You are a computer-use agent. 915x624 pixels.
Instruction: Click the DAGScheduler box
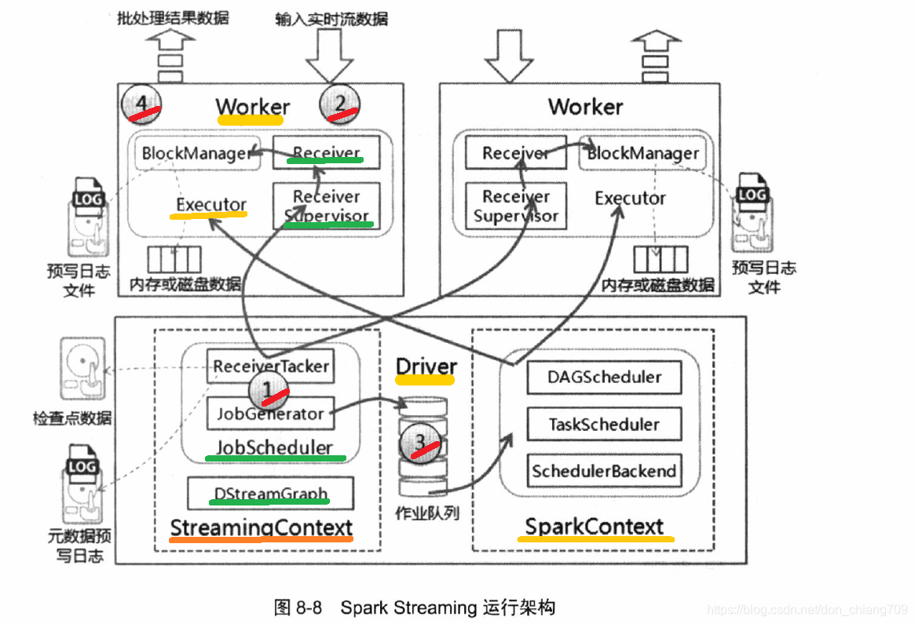pos(604,377)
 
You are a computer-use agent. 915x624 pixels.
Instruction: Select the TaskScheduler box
pos(604,425)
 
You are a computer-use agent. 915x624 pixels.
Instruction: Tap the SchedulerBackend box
pos(604,471)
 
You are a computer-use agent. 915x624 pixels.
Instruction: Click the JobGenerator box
pos(270,414)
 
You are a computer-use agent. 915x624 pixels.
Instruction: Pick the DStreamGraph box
pos(271,494)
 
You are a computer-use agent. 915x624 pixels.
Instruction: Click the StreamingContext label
pos(262,527)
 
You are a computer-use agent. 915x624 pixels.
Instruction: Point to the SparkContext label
pos(595,526)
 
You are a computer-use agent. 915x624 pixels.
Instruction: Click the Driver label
pos(426,367)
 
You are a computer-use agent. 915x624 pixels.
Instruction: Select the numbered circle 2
pos(340,105)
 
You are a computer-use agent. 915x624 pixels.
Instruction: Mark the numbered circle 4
pos(141,104)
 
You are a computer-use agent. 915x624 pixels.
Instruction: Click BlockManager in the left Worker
pos(196,153)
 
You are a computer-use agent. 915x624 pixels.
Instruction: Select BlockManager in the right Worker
pos(642,153)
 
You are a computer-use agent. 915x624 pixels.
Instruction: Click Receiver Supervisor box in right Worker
pos(515,206)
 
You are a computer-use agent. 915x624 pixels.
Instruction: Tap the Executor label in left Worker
pos(211,205)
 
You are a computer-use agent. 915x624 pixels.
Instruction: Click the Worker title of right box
pos(585,107)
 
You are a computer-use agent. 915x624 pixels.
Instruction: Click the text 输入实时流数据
pos(331,18)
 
